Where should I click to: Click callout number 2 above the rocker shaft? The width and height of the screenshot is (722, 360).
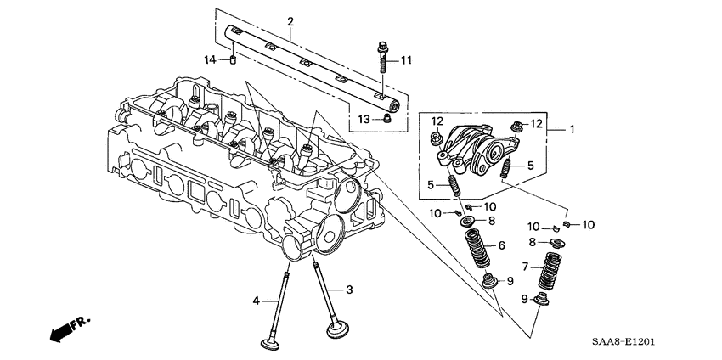[x=290, y=20]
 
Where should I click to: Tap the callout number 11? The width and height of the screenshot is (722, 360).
[x=406, y=59]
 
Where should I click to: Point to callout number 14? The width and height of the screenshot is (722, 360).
[x=211, y=59]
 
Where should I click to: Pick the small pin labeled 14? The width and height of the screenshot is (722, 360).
[x=232, y=59]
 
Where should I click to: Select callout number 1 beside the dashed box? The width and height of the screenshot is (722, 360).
[x=572, y=130]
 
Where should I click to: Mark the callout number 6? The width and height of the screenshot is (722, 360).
[x=501, y=245]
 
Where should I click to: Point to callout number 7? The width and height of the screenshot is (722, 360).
[x=526, y=267]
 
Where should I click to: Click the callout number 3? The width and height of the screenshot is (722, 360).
[x=347, y=290]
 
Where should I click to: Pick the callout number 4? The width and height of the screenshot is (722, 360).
[x=255, y=301]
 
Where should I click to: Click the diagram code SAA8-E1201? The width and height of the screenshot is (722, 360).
[x=624, y=342]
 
